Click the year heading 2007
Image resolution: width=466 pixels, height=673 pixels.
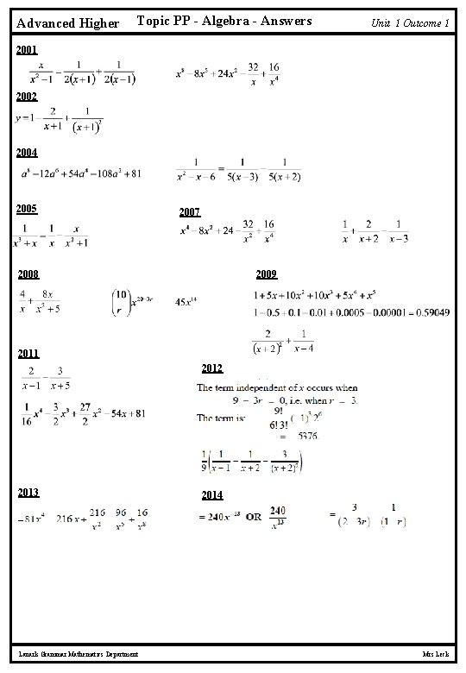click(190, 212)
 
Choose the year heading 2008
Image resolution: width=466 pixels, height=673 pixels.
click(28, 274)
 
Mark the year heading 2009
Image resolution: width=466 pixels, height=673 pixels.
click(266, 274)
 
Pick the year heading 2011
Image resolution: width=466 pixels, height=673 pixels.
click(28, 353)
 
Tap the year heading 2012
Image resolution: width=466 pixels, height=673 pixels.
click(211, 368)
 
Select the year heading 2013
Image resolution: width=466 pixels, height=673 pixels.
click(28, 493)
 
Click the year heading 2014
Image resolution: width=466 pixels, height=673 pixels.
click(211, 495)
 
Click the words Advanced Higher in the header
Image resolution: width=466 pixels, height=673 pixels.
click(68, 23)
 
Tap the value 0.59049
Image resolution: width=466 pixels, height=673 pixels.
click(429, 311)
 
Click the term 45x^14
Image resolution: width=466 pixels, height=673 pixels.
click(186, 302)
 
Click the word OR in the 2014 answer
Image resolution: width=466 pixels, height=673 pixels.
click(255, 517)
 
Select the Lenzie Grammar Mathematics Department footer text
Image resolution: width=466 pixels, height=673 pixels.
click(78, 657)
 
